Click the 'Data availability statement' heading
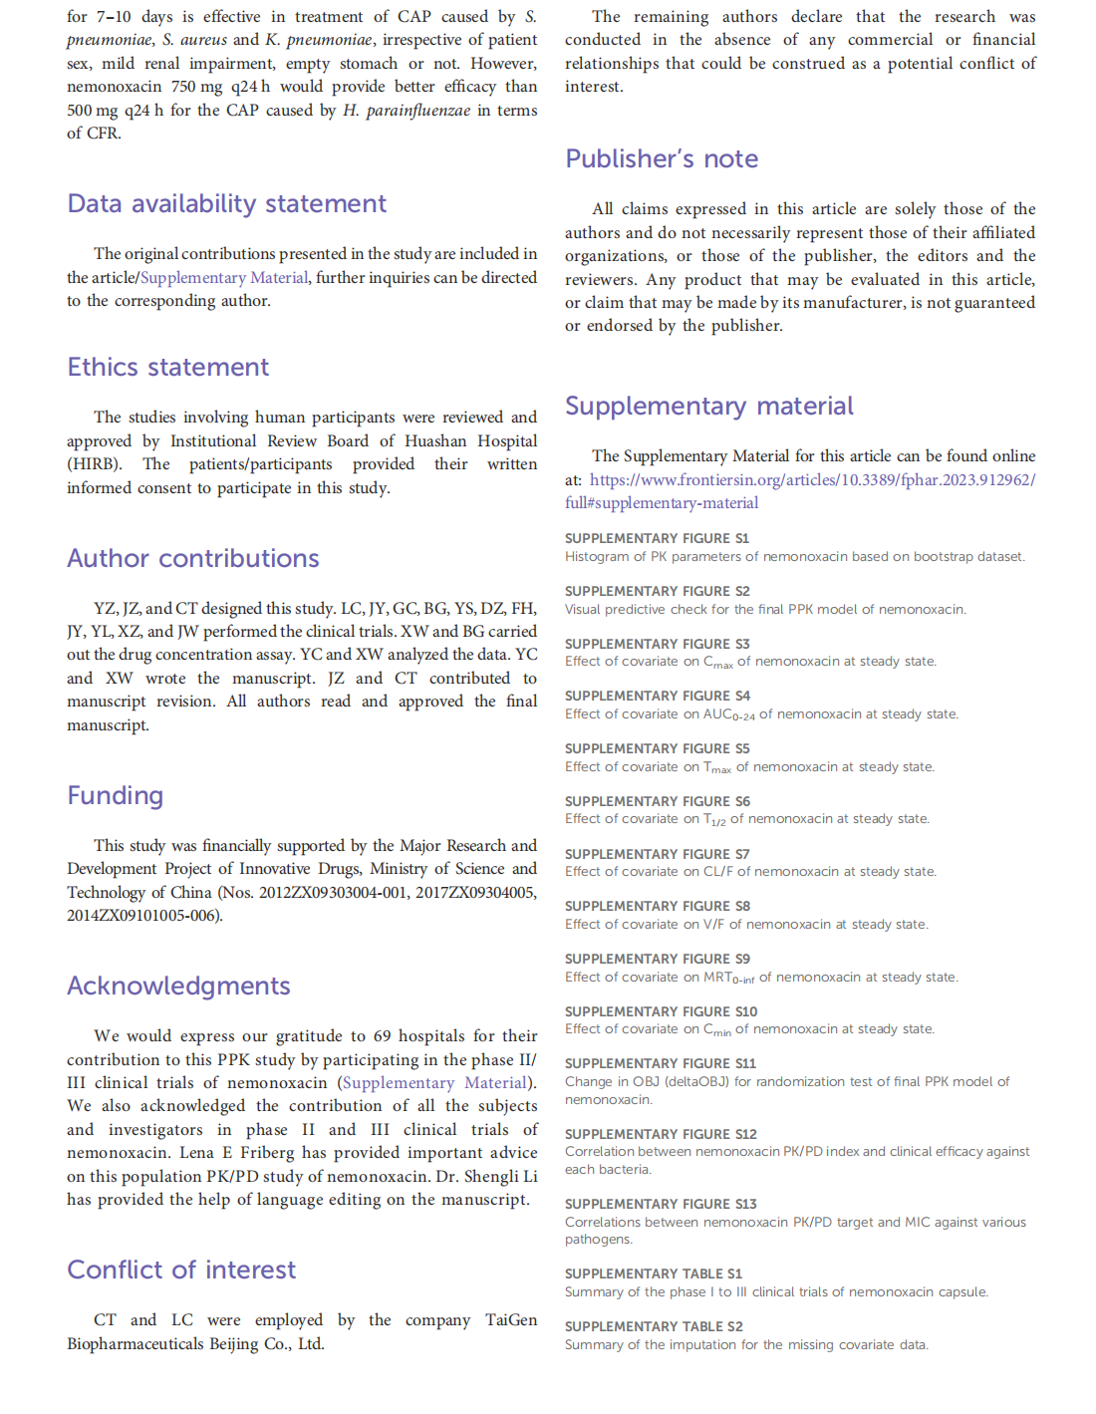click(x=226, y=204)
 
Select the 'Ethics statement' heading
click(x=167, y=368)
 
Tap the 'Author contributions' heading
click(x=192, y=559)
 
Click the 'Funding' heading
click(x=115, y=796)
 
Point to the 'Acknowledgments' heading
click(x=178, y=987)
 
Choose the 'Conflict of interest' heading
click(x=181, y=1271)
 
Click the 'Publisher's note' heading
click(x=662, y=159)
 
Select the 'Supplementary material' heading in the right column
click(x=708, y=407)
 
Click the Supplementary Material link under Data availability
click(x=224, y=278)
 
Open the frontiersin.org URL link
click(x=812, y=480)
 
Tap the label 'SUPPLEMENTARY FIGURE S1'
click(x=657, y=539)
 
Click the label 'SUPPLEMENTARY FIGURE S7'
click(x=657, y=855)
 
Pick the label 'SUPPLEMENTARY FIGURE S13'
click(x=661, y=1205)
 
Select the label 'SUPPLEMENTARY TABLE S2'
click(x=654, y=1327)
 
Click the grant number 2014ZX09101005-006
click(x=142, y=916)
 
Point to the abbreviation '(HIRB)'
click(x=94, y=464)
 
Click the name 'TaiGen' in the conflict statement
click(x=511, y=1320)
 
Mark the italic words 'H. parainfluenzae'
click(x=407, y=111)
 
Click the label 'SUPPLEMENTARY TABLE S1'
click(x=654, y=1274)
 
